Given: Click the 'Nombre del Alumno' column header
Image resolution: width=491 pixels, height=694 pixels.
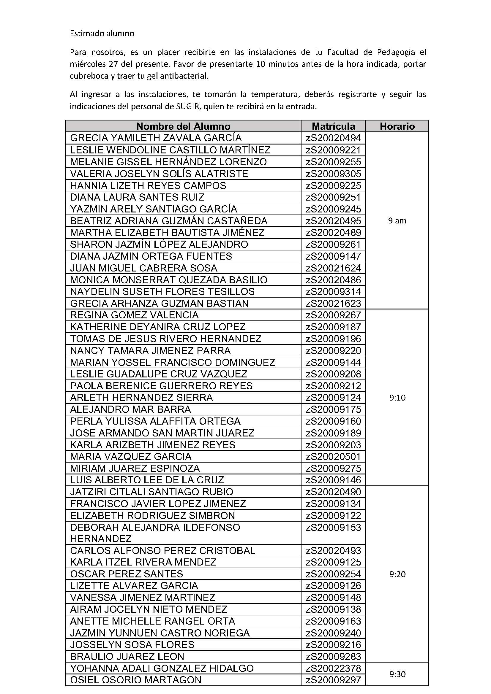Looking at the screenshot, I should point(183,126).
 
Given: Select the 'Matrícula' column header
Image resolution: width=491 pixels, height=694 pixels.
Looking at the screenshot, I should point(333,126).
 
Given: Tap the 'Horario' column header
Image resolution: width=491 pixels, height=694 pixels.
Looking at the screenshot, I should point(397,126).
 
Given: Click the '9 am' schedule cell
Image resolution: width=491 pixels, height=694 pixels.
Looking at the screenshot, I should point(397,221).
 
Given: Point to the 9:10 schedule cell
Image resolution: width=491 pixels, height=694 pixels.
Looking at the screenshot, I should point(397,398).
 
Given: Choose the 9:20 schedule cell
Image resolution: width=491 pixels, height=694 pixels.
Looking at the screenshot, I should point(397,574).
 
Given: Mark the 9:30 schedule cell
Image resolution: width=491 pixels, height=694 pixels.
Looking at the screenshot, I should point(397,674).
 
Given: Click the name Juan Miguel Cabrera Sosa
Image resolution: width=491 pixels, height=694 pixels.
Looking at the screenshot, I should point(144,268).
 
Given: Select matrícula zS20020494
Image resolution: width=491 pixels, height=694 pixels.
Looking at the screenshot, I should point(333,138).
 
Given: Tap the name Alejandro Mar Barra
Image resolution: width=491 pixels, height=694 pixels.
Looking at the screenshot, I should point(130,409).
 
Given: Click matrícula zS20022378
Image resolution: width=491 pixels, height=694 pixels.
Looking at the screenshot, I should point(333,668).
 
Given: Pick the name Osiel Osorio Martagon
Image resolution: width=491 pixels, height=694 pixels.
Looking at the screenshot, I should point(135,680).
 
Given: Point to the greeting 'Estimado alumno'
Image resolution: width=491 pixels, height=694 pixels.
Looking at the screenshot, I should point(102,33).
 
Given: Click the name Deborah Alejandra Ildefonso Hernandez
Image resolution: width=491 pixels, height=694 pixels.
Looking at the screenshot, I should point(155,533).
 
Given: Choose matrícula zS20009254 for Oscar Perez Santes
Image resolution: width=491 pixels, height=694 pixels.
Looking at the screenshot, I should point(333,574).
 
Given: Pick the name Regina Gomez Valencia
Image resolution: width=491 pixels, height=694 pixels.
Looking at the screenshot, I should point(134,315).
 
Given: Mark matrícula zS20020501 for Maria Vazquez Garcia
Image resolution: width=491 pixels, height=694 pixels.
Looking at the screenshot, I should point(333,456).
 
